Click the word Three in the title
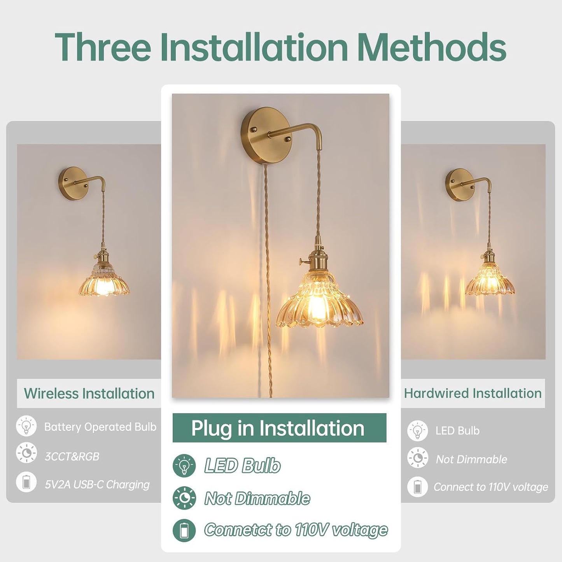click(103, 47)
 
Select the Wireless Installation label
click(89, 394)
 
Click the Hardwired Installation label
click(473, 393)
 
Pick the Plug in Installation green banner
click(279, 428)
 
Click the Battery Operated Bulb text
click(100, 427)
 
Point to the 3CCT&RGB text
click(72, 457)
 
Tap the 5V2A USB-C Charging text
click(97, 485)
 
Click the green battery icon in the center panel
click(184, 530)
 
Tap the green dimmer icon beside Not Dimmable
click(184, 498)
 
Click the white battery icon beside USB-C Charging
click(26, 482)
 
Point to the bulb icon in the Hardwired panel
click(418, 431)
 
